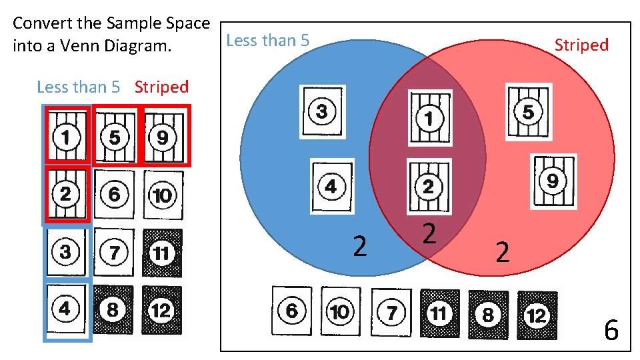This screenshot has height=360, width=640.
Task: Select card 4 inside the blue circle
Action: click(331, 185)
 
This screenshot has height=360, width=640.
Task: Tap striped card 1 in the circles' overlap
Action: click(429, 118)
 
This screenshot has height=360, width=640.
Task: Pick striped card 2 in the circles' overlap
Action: click(428, 185)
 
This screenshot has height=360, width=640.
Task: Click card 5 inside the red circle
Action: click(528, 112)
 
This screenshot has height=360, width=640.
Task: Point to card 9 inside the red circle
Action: click(553, 181)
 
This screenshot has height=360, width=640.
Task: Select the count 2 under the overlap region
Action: click(430, 233)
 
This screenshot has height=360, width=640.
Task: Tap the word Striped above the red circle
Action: click(581, 45)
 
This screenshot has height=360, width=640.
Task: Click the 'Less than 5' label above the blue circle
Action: click(268, 41)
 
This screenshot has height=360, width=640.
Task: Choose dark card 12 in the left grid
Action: click(161, 310)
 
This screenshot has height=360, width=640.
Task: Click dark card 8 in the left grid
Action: click(113, 310)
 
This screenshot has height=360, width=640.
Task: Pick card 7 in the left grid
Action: click(114, 253)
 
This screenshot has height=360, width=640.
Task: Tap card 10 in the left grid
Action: click(162, 195)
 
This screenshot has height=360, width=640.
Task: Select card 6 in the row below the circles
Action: click(291, 311)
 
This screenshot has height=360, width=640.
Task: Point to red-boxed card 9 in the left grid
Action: click(163, 138)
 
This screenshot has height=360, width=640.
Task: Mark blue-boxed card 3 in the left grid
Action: click(66, 253)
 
